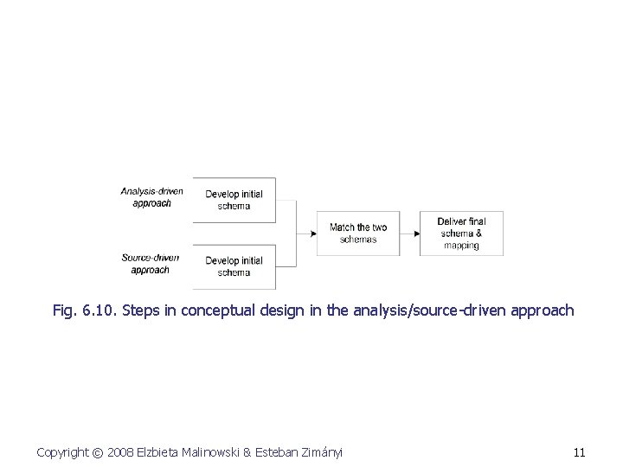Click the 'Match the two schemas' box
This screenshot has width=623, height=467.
coord(357,233)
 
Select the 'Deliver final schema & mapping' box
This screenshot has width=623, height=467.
coord(460,233)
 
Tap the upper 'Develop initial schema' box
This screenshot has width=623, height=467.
coord(234,200)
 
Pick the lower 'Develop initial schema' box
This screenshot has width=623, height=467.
coord(234,266)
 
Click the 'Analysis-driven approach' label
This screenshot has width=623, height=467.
coord(151,197)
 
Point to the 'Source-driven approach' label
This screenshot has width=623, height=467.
coord(151,264)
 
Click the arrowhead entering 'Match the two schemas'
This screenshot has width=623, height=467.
coord(311,233)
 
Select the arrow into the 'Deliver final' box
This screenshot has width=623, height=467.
coord(415,233)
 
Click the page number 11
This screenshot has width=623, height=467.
coord(579,452)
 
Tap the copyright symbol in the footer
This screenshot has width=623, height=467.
coord(99,452)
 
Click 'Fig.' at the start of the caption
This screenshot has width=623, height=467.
coord(65,310)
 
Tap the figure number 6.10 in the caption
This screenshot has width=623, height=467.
coord(100,310)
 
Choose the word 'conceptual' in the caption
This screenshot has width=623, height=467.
coord(221,310)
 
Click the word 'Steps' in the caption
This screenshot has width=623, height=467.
coord(141,310)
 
